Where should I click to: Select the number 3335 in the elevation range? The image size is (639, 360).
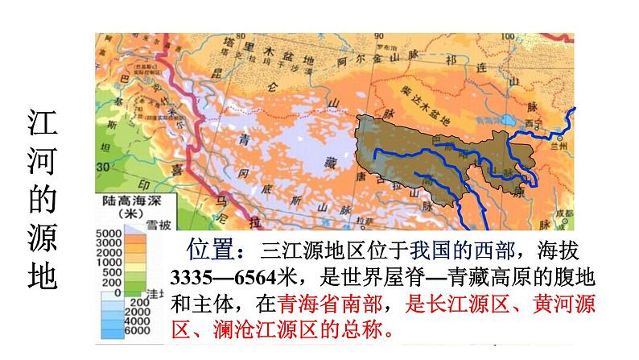point(191,276)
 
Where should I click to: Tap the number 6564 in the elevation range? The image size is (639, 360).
point(256,276)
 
